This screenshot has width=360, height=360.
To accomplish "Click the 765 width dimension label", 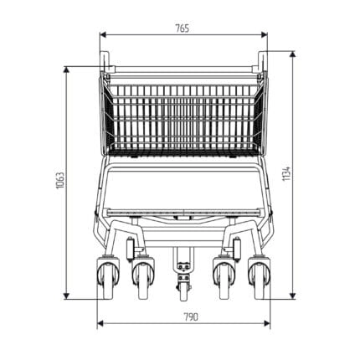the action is point(182,28).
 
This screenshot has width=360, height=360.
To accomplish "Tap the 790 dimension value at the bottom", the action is point(191,316).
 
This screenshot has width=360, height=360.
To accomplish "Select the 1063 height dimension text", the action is point(60,180).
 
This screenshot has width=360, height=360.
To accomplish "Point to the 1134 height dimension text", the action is point(286,173).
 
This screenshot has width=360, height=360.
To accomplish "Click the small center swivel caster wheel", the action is point(183,291).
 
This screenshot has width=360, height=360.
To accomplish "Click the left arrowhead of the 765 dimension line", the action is point(103,34).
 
